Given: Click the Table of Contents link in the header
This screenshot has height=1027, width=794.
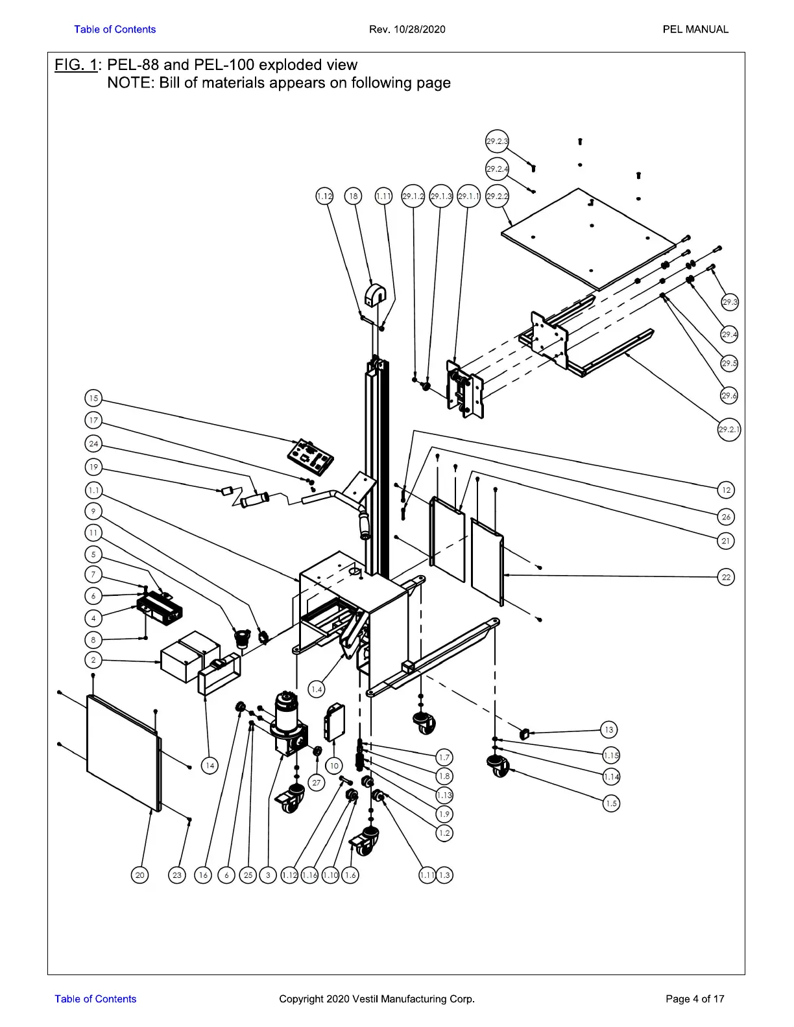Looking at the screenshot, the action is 115,29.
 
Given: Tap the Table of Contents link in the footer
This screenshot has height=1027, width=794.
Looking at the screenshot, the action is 95,998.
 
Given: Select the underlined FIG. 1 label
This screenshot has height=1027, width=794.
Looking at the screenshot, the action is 76,65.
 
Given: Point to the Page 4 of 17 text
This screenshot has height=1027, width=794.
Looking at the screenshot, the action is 695,998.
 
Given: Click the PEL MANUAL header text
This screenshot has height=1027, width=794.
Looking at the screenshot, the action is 695,29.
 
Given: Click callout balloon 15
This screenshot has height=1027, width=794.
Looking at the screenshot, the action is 93,398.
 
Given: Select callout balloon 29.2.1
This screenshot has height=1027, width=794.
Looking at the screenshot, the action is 728,430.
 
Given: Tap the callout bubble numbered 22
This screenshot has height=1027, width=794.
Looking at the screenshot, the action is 726,577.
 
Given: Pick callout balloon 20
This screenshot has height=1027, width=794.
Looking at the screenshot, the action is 139,875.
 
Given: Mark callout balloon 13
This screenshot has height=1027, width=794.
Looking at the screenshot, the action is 609,729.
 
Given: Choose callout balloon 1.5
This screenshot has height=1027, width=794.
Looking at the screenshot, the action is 611,803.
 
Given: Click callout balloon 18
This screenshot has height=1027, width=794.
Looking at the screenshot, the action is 354,196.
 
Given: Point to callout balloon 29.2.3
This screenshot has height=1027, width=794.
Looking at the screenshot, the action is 497,141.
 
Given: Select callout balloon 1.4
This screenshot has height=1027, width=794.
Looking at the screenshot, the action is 317,690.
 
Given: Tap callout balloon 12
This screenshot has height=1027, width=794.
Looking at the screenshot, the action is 726,490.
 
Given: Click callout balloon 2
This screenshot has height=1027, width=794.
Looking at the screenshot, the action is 93,660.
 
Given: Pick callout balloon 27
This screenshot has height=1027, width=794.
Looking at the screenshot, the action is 317,783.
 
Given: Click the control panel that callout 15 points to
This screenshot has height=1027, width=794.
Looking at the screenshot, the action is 310,457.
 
